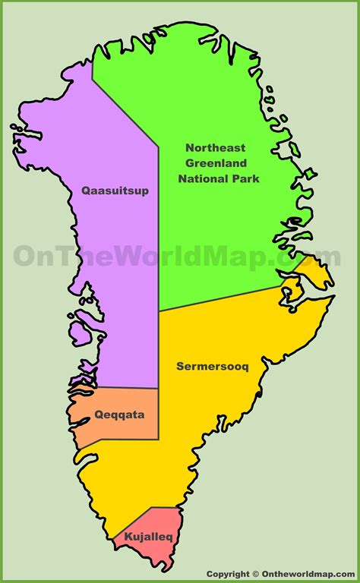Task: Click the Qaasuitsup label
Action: tap(115, 191)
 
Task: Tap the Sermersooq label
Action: tap(213, 366)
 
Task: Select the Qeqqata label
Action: tap(119, 415)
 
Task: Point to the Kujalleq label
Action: tap(144, 537)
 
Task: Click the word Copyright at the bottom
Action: tap(229, 575)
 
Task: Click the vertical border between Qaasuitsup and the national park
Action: tap(158, 228)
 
